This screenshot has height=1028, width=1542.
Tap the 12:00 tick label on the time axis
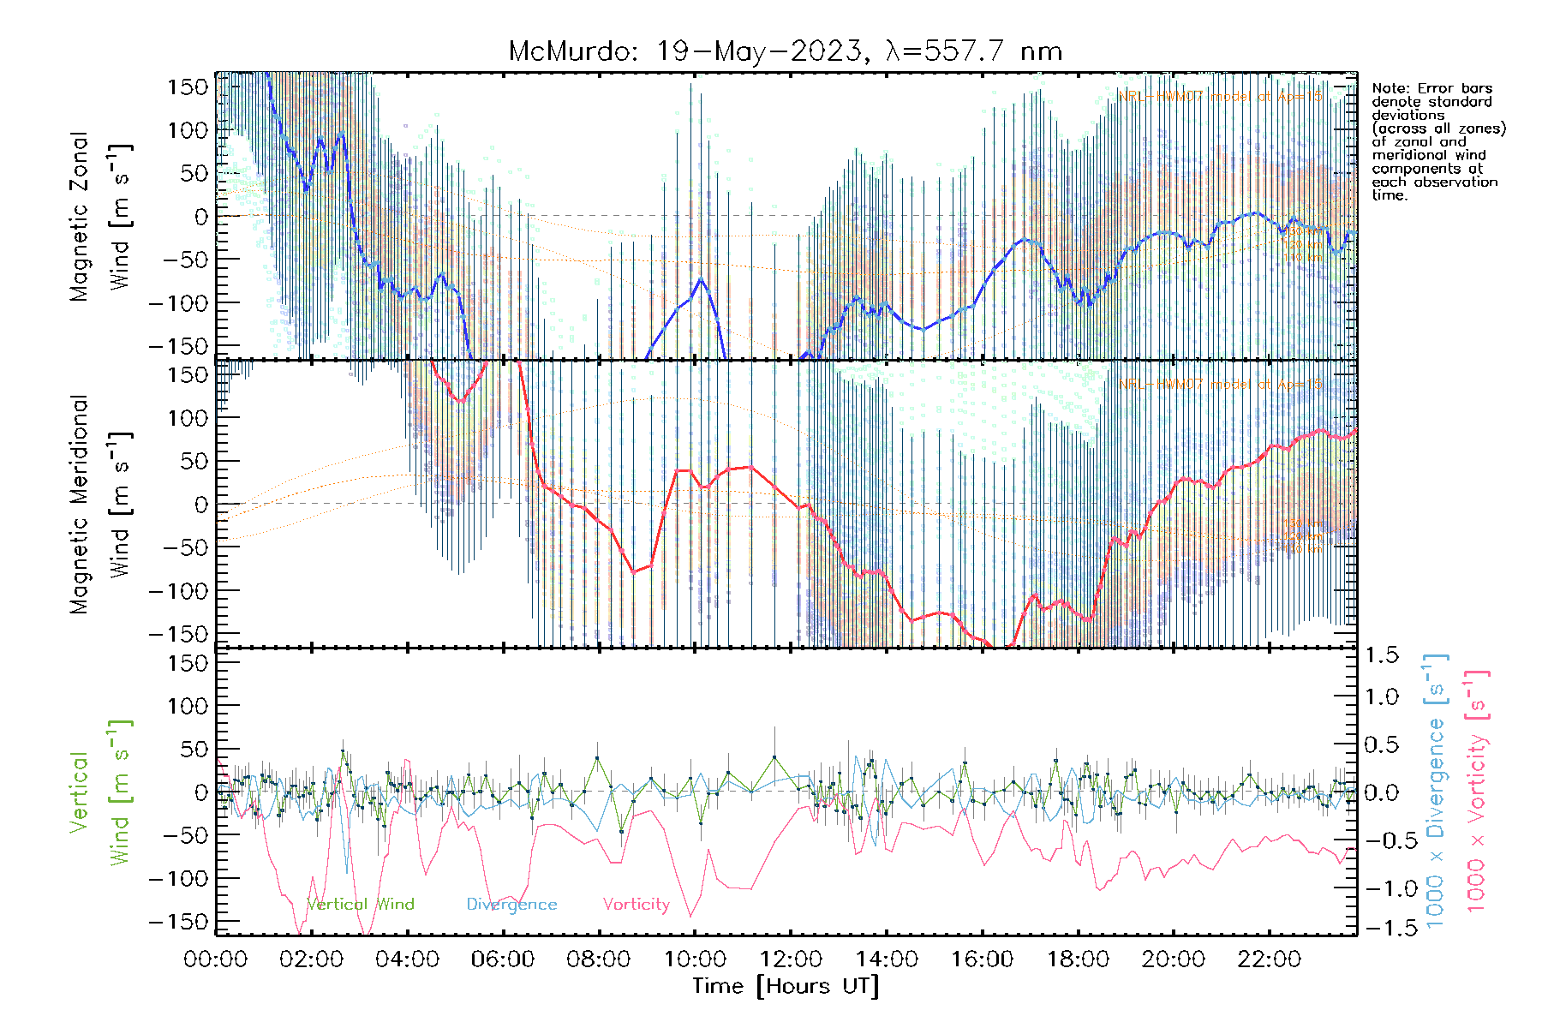(791, 959)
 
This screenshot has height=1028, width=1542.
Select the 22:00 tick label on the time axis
(1270, 959)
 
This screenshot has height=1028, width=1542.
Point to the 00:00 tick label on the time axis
(216, 959)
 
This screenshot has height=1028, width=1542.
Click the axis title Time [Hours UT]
(786, 986)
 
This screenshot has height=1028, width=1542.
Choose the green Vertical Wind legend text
(360, 904)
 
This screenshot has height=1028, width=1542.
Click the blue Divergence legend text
(511, 904)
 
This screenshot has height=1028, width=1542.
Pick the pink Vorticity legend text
(636, 904)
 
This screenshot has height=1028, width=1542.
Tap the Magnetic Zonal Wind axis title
(101, 216)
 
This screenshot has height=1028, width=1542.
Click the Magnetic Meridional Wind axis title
(101, 504)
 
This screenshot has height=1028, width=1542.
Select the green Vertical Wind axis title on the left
(101, 792)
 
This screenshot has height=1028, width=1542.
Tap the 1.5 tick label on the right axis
(1381, 655)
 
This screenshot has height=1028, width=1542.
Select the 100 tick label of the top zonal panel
(188, 130)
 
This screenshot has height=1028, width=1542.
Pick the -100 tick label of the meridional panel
(178, 590)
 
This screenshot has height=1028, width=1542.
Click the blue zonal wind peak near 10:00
(701, 279)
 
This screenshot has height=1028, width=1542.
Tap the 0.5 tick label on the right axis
(1381, 744)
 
